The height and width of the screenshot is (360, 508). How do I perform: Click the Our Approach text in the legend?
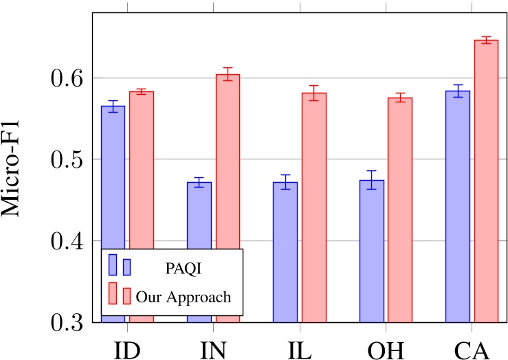point(183,297)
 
